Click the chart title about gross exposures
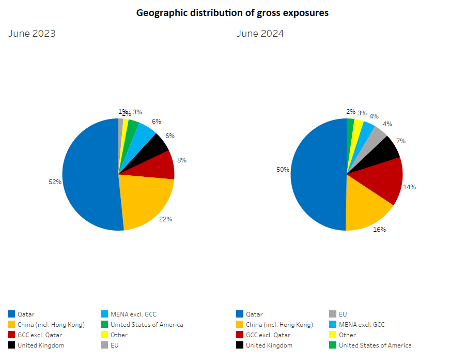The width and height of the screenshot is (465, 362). pos(232,13)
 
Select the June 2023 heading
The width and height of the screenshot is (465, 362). pos(32,34)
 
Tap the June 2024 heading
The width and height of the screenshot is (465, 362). pos(260,34)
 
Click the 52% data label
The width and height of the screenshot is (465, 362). pos(55,182)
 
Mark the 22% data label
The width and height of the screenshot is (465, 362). pos(165,219)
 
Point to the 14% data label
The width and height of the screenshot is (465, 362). pos(409,187)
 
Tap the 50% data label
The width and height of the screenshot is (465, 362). pos(283,170)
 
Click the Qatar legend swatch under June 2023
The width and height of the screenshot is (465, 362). pos(11,314)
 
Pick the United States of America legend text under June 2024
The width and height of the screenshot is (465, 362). pos(375,345)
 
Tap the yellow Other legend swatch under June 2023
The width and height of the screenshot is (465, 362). pos(105,335)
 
